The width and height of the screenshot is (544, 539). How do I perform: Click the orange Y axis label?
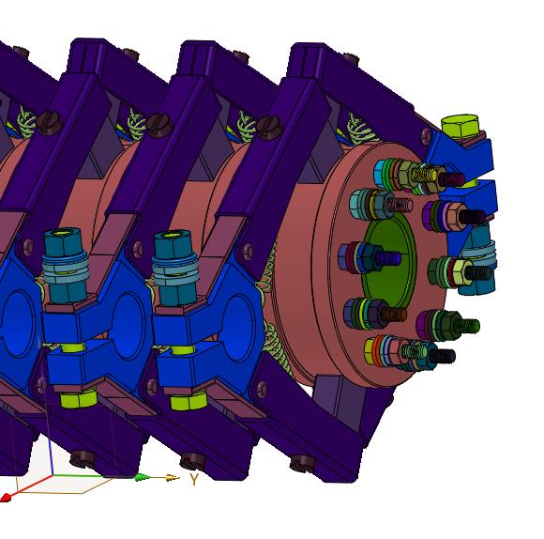click(x=194, y=479)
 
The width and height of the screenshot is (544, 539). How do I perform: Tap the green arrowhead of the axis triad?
click(x=143, y=478)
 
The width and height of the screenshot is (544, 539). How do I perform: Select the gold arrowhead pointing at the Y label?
click(x=172, y=478)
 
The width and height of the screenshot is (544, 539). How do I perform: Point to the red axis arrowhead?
click(x=5, y=498)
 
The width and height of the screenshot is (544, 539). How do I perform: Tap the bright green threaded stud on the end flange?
click(x=467, y=326)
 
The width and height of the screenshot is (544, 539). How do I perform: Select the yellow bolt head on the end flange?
click(x=370, y=351)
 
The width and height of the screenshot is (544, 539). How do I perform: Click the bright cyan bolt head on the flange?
click(x=380, y=174)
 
